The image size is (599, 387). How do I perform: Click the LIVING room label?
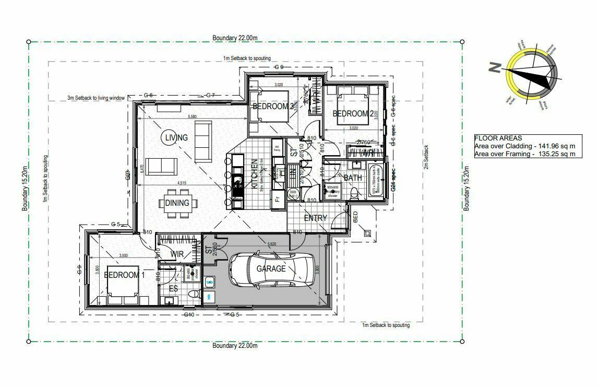[176, 137]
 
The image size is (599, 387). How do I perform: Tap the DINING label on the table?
[177, 203]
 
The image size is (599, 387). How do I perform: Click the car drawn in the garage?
[271, 269]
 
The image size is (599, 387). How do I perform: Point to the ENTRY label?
[315, 218]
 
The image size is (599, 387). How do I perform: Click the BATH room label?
[353, 178]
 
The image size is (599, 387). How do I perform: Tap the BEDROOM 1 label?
[122, 275]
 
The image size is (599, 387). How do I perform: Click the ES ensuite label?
[173, 288]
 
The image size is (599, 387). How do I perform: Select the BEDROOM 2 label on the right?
[353, 114]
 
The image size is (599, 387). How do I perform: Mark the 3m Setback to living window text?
[96, 98]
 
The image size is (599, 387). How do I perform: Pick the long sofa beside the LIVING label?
[203, 142]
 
